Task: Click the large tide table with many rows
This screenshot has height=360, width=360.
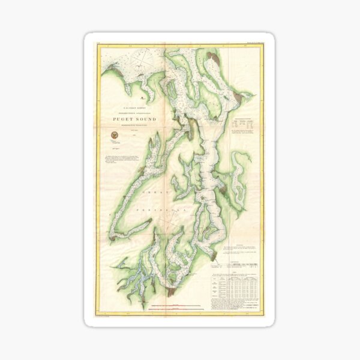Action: click(x=236, y=285)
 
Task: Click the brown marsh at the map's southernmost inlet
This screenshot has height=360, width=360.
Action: click(x=171, y=292)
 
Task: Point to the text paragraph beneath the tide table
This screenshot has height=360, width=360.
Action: click(x=236, y=306)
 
